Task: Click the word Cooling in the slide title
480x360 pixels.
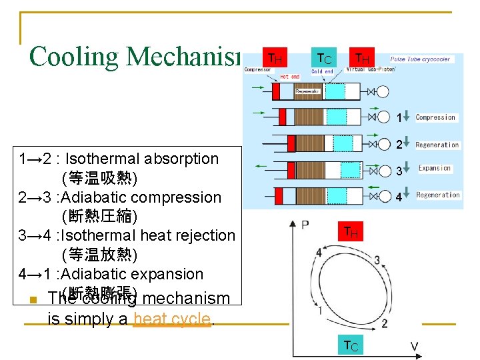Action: pyautogui.click(x=74, y=56)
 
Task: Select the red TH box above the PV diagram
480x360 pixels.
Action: pyautogui.click(x=351, y=232)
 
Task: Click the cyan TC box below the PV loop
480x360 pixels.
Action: pyautogui.click(x=351, y=345)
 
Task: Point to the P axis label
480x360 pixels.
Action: pyautogui.click(x=305, y=225)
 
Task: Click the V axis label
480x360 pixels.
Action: pyautogui.click(x=414, y=346)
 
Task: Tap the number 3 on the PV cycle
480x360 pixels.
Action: pyautogui.click(x=377, y=260)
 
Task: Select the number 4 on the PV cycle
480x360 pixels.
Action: pyautogui.click(x=319, y=253)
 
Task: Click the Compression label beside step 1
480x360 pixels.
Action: pyautogui.click(x=435, y=117)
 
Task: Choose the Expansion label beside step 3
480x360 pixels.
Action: pyautogui.click(x=435, y=168)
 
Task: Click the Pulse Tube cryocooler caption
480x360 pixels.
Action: pyautogui.click(x=420, y=59)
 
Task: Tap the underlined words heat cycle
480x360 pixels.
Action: pyautogui.click(x=172, y=319)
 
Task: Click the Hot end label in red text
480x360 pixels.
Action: pyautogui.click(x=290, y=77)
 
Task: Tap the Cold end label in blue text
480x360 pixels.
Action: pyautogui.click(x=322, y=71)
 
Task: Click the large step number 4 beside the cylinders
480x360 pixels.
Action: pyautogui.click(x=399, y=197)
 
